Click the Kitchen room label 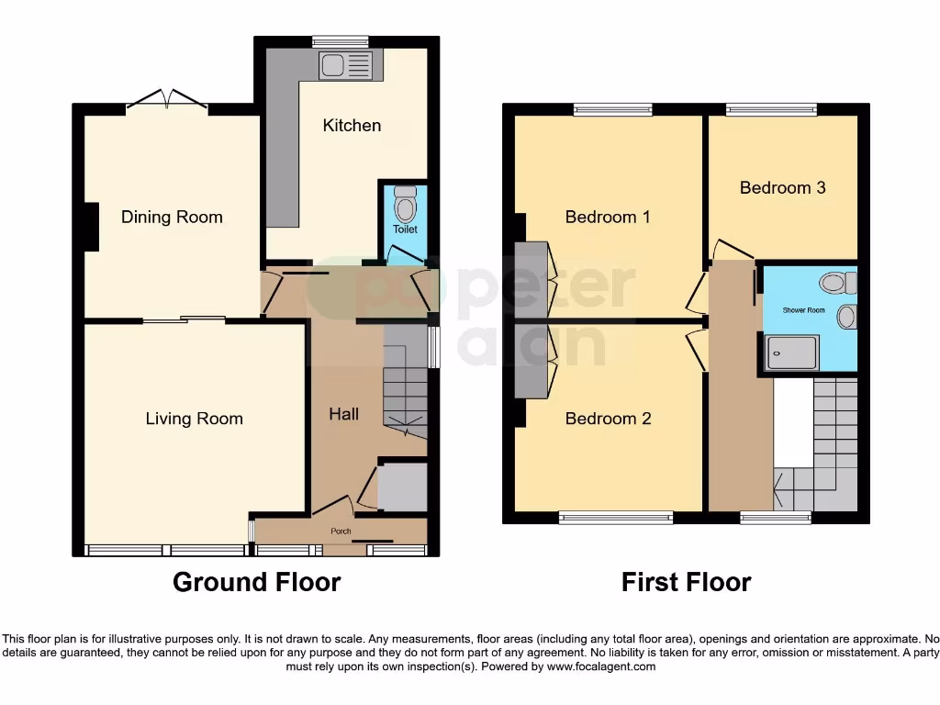point(352,125)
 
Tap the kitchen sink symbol point(346,65)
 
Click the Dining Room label point(172,217)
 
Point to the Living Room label point(194,419)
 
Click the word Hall point(344,414)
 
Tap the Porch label point(341,531)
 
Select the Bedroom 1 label point(607,217)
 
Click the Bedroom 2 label point(608,419)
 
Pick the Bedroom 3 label point(782,187)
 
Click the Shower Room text point(803,310)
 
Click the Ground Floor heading point(256,582)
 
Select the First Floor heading point(686,582)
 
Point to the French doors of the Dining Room point(167,101)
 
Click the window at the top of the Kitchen point(340,41)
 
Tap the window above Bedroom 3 point(771,109)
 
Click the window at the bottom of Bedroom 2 point(616,519)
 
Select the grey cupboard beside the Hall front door point(403,487)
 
